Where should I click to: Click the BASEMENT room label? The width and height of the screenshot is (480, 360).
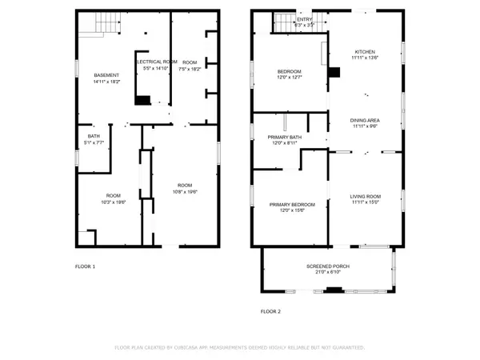[106, 75]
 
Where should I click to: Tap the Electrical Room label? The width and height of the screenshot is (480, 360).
[157, 62]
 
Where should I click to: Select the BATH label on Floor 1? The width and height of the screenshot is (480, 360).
[94, 136]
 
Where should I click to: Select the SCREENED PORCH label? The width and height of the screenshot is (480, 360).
[327, 266]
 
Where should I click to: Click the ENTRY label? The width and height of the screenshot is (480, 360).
[305, 19]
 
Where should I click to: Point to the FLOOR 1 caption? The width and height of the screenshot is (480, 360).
[85, 266]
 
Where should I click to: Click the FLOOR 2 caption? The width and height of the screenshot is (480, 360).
[271, 311]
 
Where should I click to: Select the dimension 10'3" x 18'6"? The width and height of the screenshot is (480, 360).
[114, 202]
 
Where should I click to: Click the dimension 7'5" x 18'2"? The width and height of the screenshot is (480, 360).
[190, 68]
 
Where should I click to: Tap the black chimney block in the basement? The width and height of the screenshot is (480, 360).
[142, 101]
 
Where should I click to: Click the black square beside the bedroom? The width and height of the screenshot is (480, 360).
[334, 72]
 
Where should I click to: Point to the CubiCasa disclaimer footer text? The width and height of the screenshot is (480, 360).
[240, 348]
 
